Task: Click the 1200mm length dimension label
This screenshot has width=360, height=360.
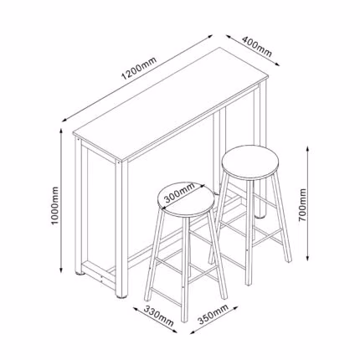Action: click(x=139, y=68)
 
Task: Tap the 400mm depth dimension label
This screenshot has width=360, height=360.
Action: click(x=256, y=46)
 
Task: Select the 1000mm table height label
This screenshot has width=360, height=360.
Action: click(x=55, y=206)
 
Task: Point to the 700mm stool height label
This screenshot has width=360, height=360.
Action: click(x=302, y=205)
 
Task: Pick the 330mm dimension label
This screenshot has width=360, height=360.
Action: click(x=159, y=316)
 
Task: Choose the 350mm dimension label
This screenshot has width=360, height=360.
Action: click(x=213, y=314)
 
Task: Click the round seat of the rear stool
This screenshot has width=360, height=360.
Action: click(x=250, y=162)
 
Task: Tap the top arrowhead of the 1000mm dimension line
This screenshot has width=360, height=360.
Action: click(x=61, y=131)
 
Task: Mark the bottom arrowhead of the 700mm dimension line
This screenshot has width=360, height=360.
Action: click(x=307, y=257)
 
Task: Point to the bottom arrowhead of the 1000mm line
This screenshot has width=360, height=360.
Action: click(x=61, y=270)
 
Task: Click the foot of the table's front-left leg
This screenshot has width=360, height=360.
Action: click(x=79, y=274)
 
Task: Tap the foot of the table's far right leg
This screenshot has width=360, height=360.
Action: click(x=261, y=215)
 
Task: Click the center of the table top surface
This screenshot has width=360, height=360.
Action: click(x=171, y=104)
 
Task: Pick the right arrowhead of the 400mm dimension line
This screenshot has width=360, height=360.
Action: click(x=277, y=64)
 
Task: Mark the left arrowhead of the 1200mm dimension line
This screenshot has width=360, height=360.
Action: click(x=65, y=121)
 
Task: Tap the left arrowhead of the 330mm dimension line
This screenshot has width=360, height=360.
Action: click(x=136, y=309)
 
